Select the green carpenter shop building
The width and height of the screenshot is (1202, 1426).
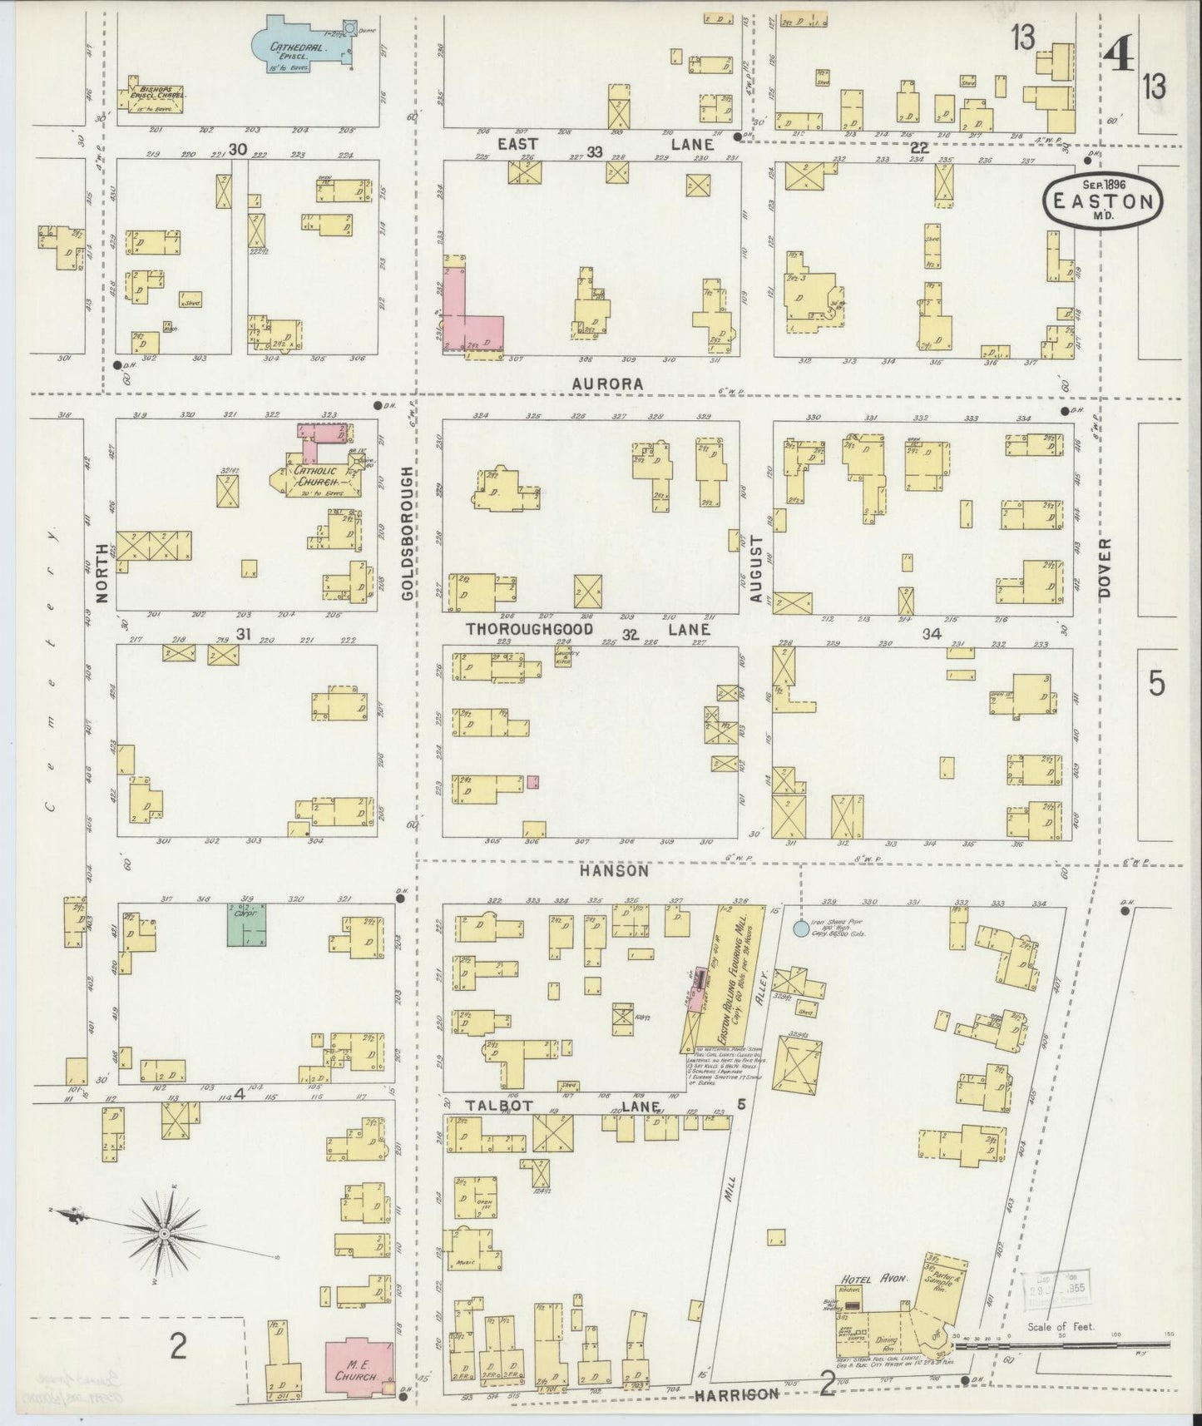coord(247,924)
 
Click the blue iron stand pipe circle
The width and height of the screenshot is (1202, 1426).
coord(800,928)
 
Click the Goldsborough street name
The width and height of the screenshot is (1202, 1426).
coord(408,533)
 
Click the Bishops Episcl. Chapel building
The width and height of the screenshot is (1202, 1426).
coord(151,98)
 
